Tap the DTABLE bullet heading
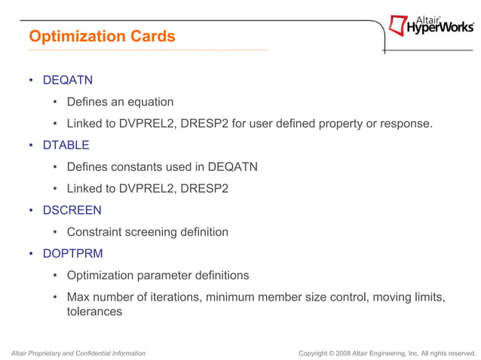coord(66,145)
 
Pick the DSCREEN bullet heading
coord(72,210)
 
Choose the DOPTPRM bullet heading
coord(72,253)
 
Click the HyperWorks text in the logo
coord(440,29)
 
